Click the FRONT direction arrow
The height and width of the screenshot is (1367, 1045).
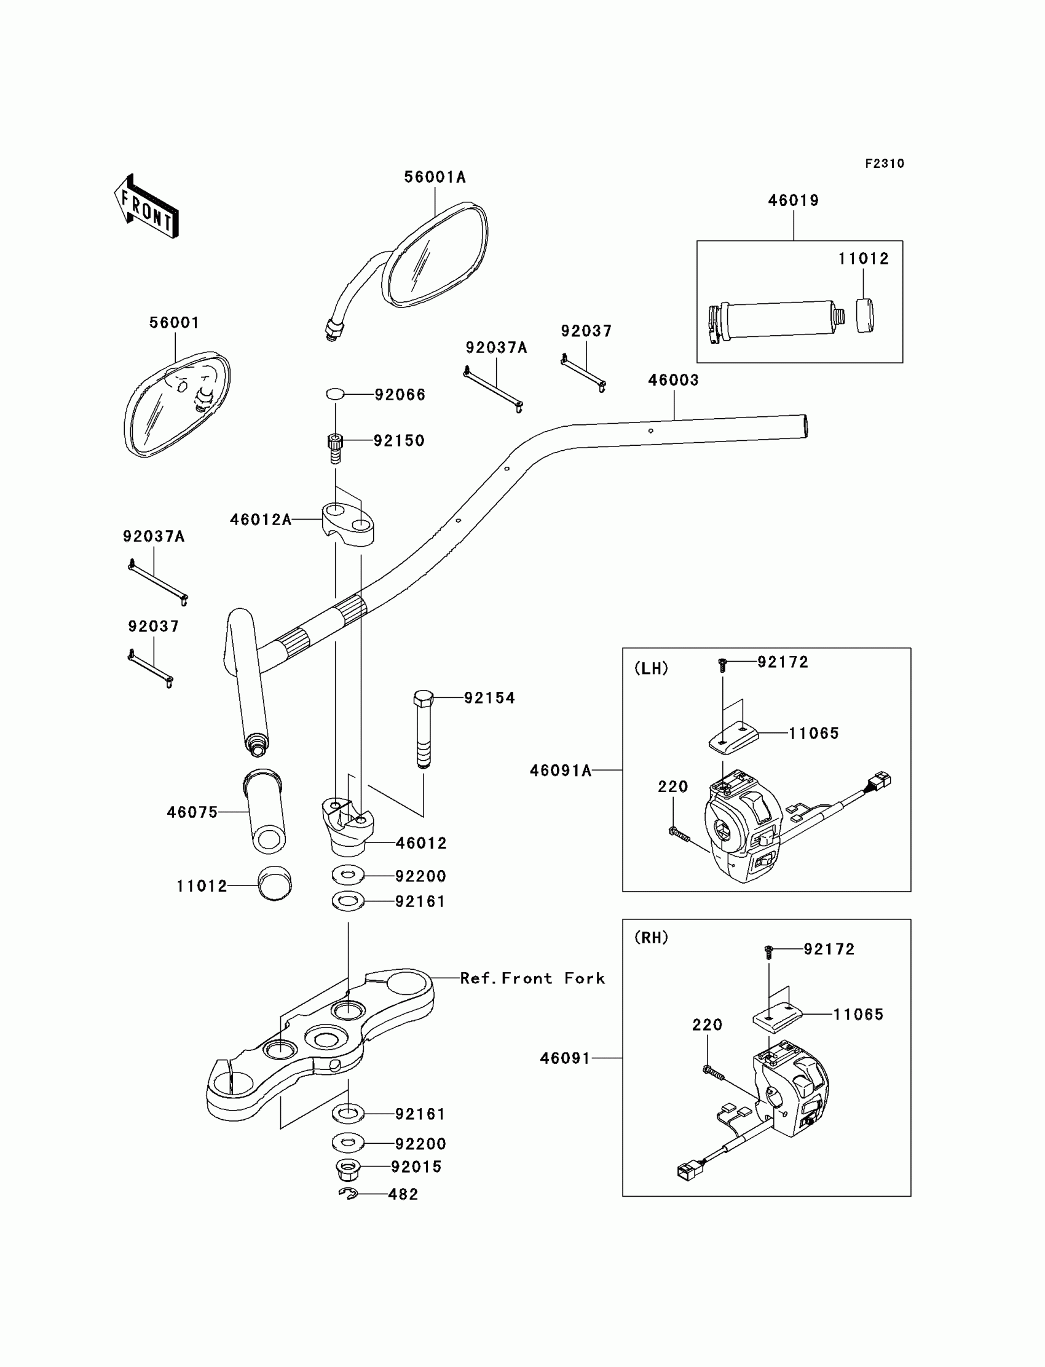[x=146, y=207]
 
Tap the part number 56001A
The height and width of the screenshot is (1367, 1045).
[x=434, y=177]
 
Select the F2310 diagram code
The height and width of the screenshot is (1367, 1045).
[x=884, y=164]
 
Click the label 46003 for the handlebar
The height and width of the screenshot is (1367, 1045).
[x=673, y=380]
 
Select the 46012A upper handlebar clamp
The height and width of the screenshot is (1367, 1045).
[x=347, y=523]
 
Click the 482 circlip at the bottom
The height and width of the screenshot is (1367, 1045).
[x=348, y=1193]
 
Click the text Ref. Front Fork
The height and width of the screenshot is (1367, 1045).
[x=532, y=978]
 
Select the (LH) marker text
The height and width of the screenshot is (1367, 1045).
[x=650, y=668]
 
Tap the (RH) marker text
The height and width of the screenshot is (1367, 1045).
[x=650, y=937]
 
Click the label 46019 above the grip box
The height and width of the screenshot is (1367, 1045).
[x=793, y=200]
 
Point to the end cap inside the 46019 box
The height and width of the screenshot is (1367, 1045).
[x=864, y=316]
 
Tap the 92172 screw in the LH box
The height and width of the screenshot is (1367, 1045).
[x=722, y=665]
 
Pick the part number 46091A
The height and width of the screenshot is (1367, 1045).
[x=561, y=771]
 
